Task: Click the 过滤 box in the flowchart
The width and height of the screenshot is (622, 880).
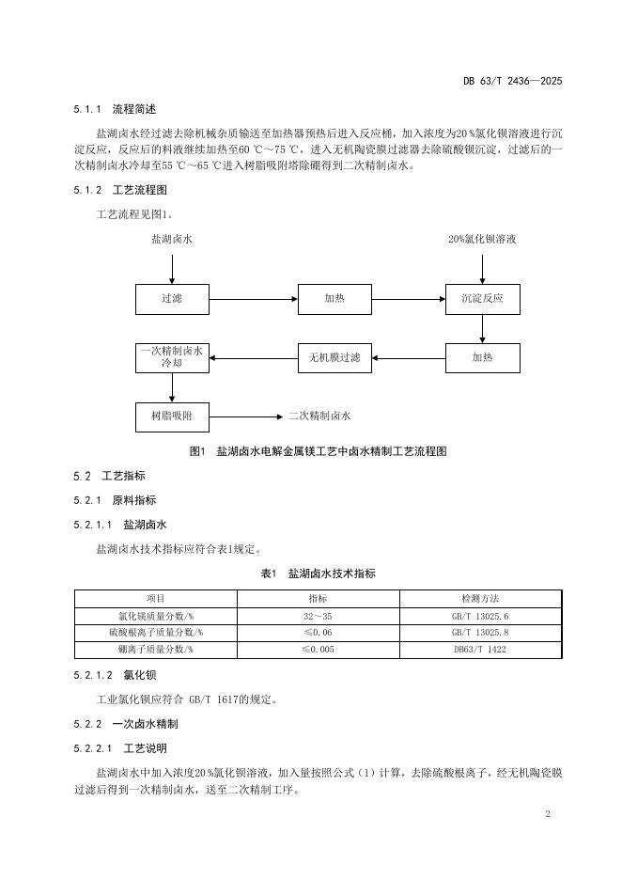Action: [x=172, y=299]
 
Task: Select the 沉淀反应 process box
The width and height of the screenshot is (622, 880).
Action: [x=482, y=299]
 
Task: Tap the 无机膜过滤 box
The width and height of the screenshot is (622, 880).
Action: [x=334, y=357]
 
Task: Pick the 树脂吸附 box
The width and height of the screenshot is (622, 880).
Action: [x=172, y=415]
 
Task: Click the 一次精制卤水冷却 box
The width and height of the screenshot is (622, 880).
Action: [x=172, y=357]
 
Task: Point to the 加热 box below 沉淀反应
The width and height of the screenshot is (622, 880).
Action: [x=482, y=357]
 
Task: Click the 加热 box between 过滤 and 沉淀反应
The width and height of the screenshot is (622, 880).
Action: [x=334, y=299]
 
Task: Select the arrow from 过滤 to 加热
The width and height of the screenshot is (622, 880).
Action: [x=253, y=299]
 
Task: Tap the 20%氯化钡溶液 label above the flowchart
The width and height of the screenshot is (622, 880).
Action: [x=482, y=239]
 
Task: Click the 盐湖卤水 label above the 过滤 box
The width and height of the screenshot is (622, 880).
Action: [x=172, y=239]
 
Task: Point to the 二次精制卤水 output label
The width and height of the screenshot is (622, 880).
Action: [x=319, y=415]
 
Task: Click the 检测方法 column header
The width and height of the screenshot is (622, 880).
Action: [x=480, y=598]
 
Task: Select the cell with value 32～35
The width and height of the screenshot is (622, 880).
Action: [x=319, y=615]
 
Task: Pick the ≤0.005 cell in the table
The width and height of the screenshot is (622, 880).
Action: [x=319, y=649]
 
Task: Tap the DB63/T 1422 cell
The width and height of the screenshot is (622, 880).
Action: [x=480, y=649]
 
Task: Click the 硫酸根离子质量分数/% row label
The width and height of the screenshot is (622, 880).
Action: [x=156, y=632]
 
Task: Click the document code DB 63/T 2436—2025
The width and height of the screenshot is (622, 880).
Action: [x=512, y=82]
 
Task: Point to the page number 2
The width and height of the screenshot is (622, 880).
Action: [x=547, y=813]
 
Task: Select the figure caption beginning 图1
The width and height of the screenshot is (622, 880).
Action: [x=318, y=451]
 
